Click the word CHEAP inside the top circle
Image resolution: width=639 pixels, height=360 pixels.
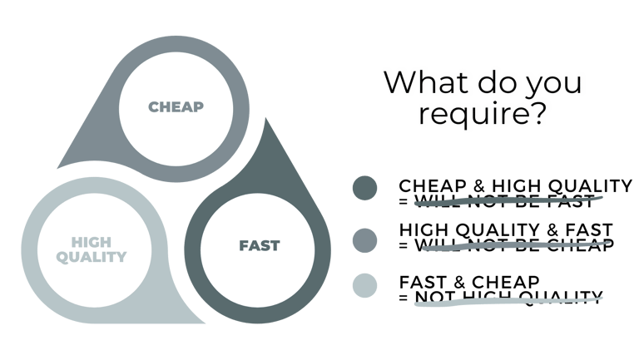(x=176, y=107)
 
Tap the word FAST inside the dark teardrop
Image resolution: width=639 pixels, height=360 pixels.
(x=259, y=246)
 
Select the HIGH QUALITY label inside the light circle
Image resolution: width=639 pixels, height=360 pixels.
(x=92, y=249)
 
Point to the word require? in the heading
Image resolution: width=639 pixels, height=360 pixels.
(x=483, y=114)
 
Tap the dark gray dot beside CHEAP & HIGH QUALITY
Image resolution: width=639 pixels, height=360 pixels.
(x=364, y=189)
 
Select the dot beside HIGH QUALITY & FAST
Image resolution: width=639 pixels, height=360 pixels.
(x=364, y=239)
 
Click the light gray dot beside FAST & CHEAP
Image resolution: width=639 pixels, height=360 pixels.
(x=364, y=285)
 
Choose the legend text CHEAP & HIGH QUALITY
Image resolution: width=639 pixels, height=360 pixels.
(x=515, y=186)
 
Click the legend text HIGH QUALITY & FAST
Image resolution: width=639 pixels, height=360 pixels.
(x=506, y=230)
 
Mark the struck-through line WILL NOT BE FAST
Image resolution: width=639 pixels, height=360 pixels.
(x=503, y=201)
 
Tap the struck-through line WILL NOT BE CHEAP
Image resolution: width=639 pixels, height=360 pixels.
(x=512, y=245)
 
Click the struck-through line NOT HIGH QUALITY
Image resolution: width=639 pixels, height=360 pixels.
(x=508, y=295)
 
